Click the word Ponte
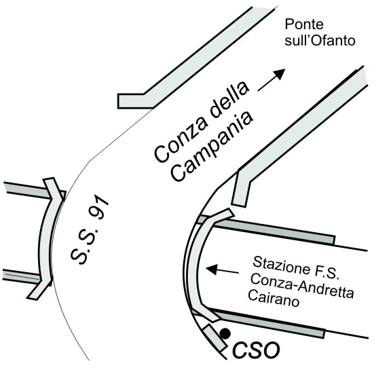304,24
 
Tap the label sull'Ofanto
320,40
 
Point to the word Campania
211,147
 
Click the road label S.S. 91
89,229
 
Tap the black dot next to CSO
225,333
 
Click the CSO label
256,350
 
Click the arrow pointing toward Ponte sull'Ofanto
272,79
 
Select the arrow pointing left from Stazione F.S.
223,269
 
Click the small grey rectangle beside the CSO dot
214,337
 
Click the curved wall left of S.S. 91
45,238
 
